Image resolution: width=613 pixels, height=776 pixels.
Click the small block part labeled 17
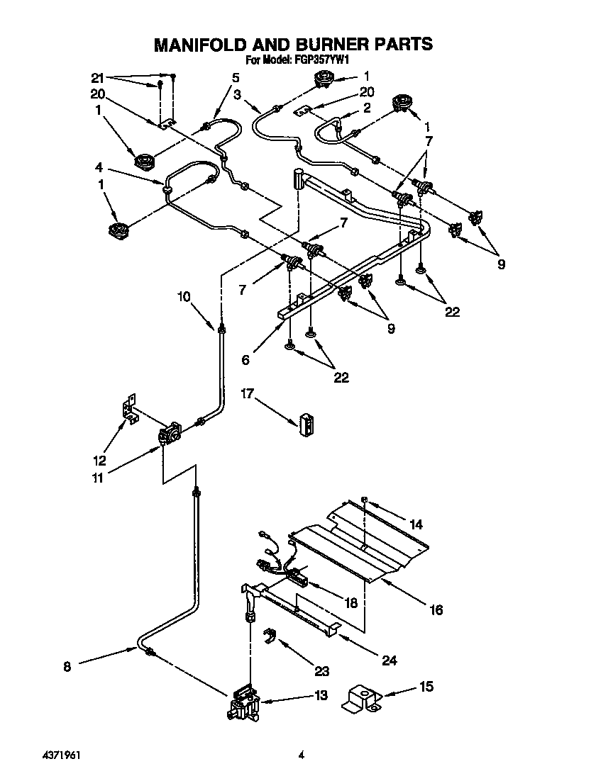(x=306, y=424)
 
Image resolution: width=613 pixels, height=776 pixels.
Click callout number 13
(x=321, y=695)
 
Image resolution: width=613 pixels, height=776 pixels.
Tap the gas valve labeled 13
(x=243, y=703)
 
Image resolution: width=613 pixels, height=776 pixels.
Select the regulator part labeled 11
(x=170, y=435)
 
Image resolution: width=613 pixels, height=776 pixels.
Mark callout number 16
(x=436, y=609)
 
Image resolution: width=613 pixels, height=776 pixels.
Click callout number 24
(x=390, y=660)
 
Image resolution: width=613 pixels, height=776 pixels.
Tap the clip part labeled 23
(x=269, y=636)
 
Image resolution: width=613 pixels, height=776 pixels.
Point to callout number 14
(x=415, y=525)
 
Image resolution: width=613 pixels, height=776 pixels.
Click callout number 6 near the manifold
(x=245, y=360)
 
